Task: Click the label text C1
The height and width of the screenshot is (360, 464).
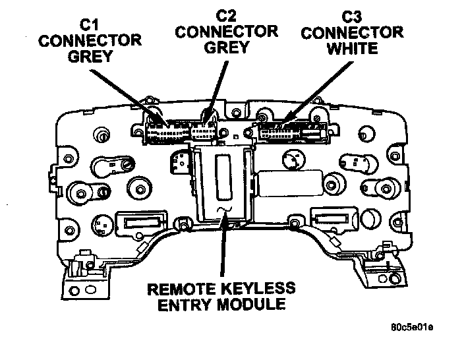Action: (x=89, y=24)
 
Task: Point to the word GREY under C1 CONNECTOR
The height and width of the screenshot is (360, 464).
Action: (x=90, y=57)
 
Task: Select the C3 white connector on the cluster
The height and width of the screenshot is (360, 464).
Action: (x=283, y=133)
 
